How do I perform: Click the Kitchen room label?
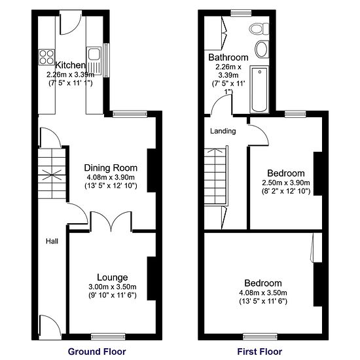[x=70, y=65]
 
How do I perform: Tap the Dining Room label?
[x=110, y=167]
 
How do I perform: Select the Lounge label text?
[x=113, y=277]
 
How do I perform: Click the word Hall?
[x=52, y=242]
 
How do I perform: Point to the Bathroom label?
[x=228, y=57]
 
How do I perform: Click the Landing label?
[x=223, y=131]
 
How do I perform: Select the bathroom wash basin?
[x=261, y=50]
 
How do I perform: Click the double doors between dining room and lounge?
[x=112, y=223]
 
